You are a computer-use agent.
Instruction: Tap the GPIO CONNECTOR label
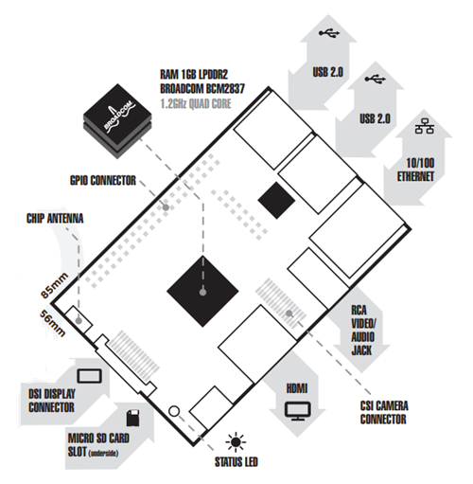[x=103, y=181]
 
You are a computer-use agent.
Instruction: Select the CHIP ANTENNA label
[x=55, y=219]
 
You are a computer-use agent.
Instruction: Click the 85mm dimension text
[x=54, y=285]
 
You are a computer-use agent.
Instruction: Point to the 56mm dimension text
[x=53, y=323]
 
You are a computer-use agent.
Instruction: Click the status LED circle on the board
[x=174, y=411]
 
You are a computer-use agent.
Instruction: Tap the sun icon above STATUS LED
[x=236, y=442]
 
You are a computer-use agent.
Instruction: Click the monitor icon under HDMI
[x=298, y=411]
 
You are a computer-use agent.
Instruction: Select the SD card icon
[x=133, y=419]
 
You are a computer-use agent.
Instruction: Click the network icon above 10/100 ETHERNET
[x=425, y=126]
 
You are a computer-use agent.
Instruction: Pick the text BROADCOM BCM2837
[x=202, y=89]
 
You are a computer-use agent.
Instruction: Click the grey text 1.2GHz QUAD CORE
[x=196, y=103]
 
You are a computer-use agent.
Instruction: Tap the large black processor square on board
[x=202, y=291]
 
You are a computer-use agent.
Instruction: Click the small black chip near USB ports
[x=276, y=200]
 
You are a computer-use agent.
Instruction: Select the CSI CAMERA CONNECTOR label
[x=384, y=412]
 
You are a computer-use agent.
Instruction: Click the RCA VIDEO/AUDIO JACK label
[x=363, y=331]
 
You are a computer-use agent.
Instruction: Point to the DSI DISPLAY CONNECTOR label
[x=52, y=401]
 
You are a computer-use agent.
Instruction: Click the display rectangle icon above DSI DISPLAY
[x=90, y=375]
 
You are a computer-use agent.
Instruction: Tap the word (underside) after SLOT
[x=104, y=454]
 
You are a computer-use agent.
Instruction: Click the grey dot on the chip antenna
[x=79, y=321]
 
